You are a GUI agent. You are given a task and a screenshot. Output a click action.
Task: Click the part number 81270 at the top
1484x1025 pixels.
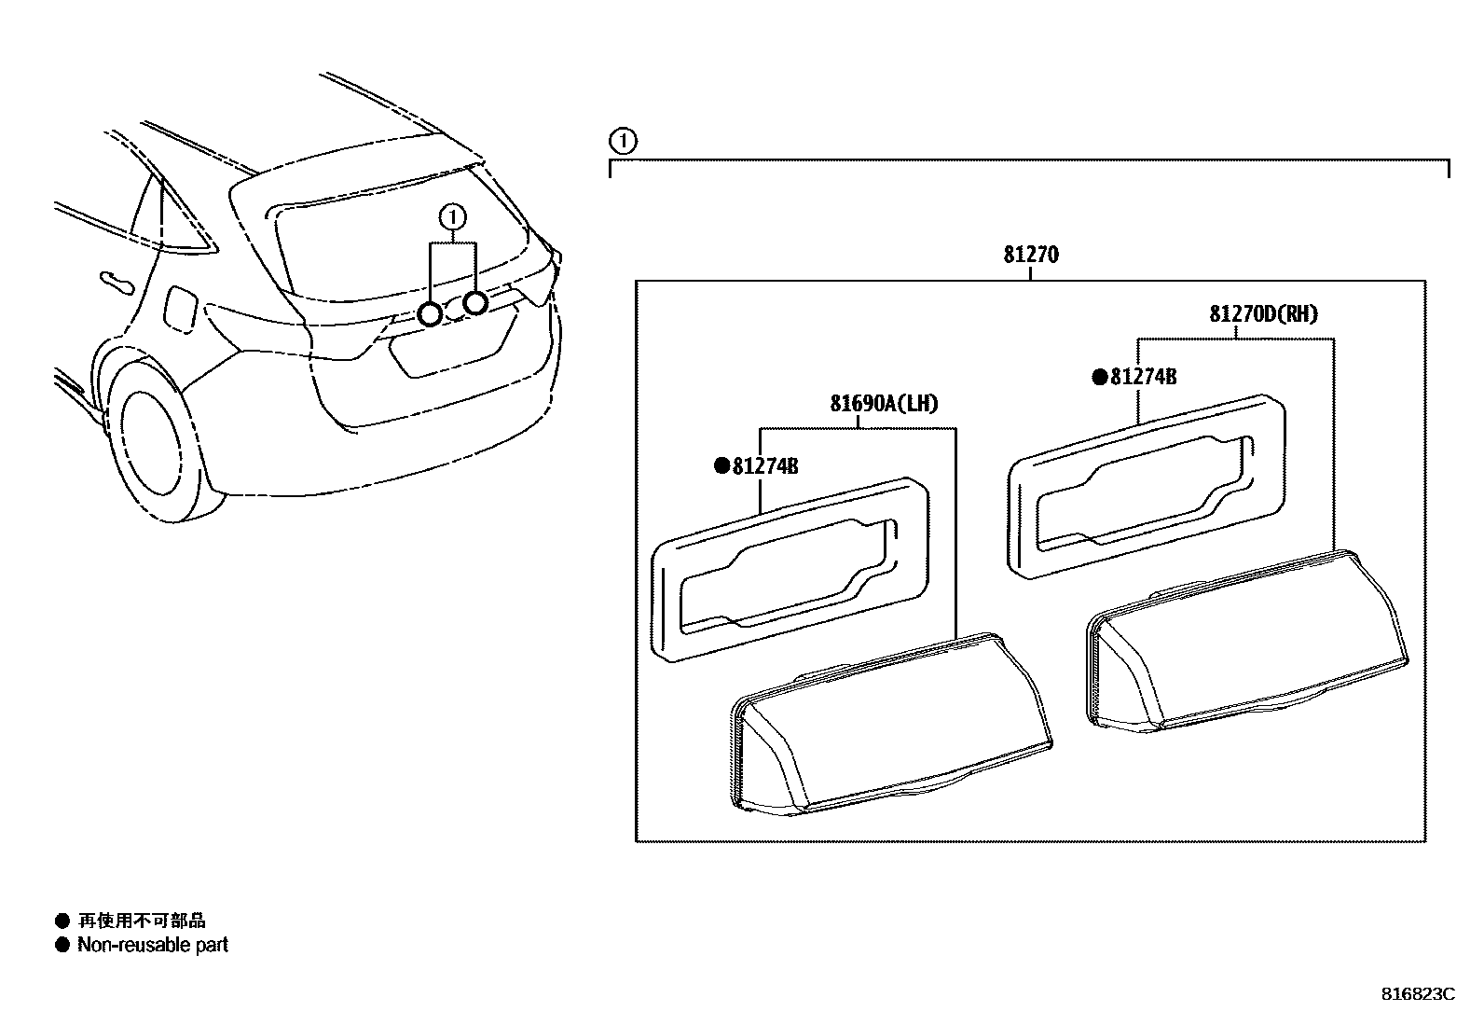click(1031, 255)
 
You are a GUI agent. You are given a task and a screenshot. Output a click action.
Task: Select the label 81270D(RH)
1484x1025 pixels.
click(1263, 314)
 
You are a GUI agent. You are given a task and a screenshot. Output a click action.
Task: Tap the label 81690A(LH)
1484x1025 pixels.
click(884, 404)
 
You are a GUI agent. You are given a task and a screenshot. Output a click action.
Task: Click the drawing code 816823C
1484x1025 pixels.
click(1417, 994)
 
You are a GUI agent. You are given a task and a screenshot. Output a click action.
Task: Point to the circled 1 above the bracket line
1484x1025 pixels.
click(622, 142)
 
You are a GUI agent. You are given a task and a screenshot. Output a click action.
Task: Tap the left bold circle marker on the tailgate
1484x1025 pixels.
click(430, 314)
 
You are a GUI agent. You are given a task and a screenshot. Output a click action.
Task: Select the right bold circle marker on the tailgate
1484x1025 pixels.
click(475, 302)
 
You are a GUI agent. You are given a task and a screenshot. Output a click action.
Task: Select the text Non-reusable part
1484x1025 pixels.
click(153, 945)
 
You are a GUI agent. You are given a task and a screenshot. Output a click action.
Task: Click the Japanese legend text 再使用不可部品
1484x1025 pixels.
click(142, 921)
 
